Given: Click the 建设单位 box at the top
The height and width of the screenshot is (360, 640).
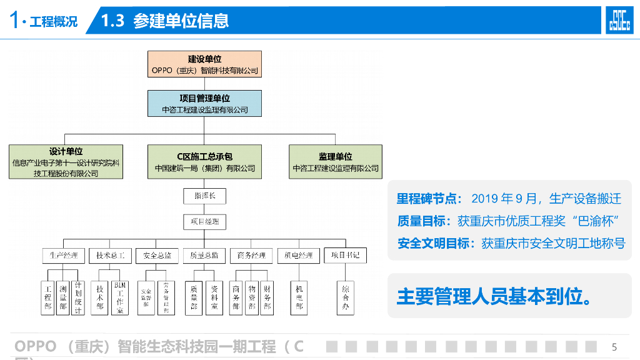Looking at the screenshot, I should [x=204, y=64].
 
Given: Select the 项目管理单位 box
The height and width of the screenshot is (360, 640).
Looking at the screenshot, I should [x=204, y=104].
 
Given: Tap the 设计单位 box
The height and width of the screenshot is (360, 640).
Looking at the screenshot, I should [x=66, y=162].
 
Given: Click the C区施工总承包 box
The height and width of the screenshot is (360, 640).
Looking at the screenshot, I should [x=204, y=162].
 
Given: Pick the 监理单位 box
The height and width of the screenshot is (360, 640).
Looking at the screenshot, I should [x=336, y=162].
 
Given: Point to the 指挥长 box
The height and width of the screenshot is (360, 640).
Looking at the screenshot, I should [x=204, y=196].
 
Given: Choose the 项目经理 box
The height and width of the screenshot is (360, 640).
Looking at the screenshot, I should [x=204, y=222].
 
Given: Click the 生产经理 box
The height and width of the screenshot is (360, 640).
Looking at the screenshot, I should [x=63, y=256].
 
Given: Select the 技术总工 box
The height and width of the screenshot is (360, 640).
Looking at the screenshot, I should [x=111, y=256].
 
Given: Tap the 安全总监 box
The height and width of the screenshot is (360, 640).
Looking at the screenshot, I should [x=157, y=256].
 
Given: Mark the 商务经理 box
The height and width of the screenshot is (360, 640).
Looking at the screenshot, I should [x=251, y=256].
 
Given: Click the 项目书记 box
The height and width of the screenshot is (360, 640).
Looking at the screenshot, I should [x=345, y=256].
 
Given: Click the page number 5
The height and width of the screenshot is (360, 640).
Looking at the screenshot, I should [x=614, y=347].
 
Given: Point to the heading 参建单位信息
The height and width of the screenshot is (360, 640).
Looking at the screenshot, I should [x=181, y=21].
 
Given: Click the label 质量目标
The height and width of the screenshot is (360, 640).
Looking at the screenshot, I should [x=423, y=221].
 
